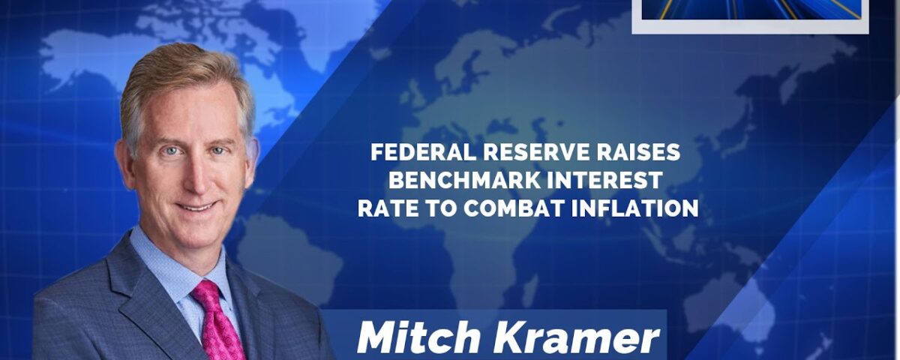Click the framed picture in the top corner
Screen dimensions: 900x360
[x=750, y=16]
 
